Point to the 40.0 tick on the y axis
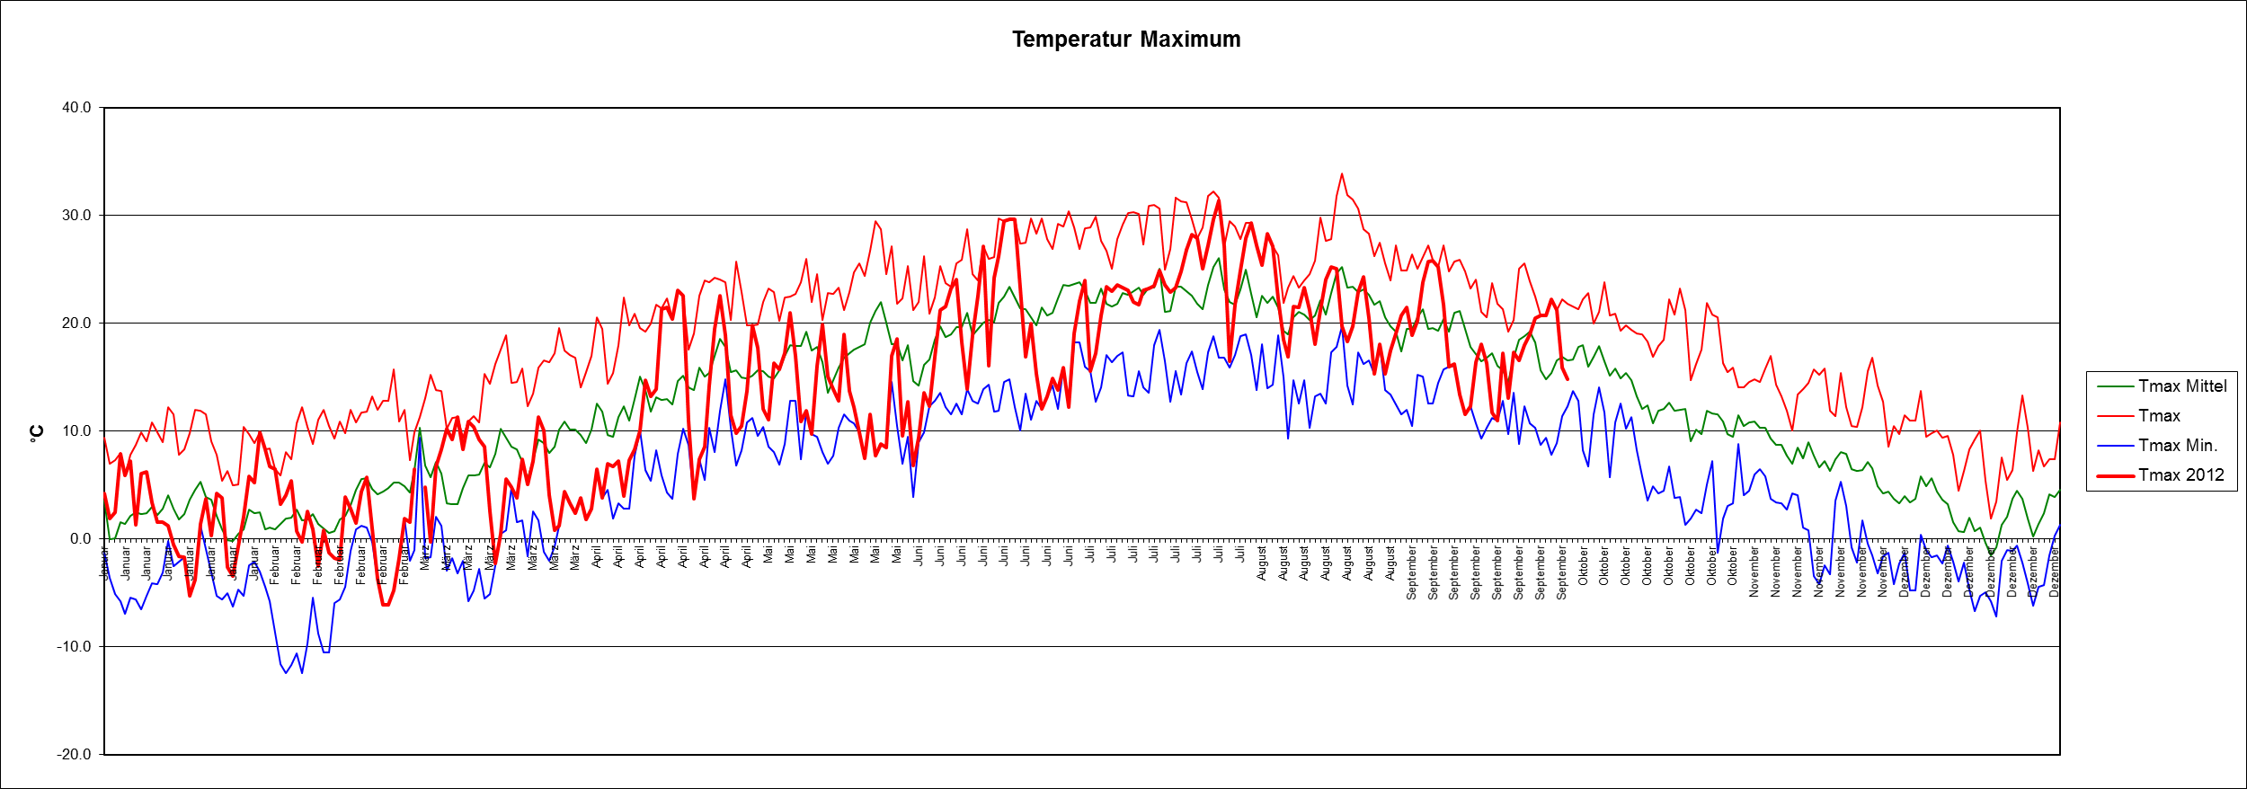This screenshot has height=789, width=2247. (x=76, y=108)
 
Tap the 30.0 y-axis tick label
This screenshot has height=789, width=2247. (x=76, y=216)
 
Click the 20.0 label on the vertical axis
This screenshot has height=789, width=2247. (x=76, y=324)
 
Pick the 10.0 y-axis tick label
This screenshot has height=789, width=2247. (x=76, y=431)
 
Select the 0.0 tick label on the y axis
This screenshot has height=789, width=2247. (x=80, y=539)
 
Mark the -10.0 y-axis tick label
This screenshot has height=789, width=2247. (x=75, y=647)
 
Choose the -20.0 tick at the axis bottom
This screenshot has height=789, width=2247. (x=75, y=755)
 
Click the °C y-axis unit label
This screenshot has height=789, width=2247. (x=37, y=433)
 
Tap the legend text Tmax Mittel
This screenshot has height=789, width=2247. (x=2182, y=386)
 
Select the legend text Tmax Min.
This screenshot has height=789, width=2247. (x=2178, y=446)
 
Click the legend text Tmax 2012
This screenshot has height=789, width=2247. (x=2181, y=475)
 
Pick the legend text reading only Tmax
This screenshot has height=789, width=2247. (x=2159, y=416)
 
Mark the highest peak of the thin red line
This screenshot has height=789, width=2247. (x=1342, y=173)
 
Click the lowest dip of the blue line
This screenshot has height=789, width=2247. (x=302, y=673)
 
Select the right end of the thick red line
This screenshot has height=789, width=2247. (x=1568, y=378)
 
